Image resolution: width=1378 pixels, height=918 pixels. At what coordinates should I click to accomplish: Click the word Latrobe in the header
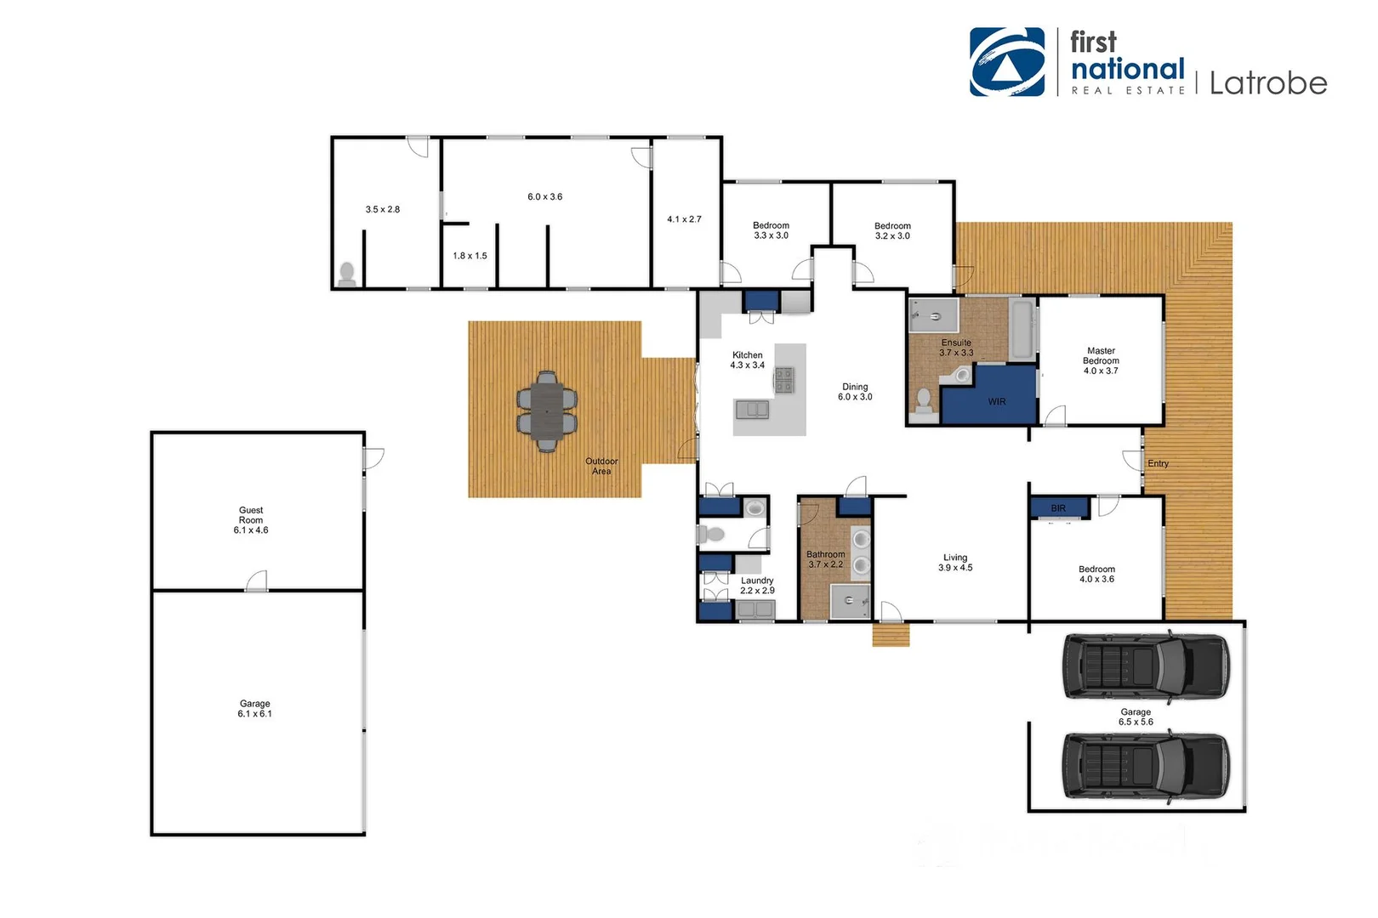(1267, 83)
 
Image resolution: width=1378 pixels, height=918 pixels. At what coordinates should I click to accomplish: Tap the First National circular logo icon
(1007, 62)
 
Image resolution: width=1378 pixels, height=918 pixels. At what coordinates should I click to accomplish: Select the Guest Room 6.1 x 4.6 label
(251, 520)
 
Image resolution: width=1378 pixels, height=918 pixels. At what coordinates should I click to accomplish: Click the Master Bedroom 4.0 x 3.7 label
(1101, 360)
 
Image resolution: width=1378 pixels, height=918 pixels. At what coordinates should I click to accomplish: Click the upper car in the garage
(1146, 667)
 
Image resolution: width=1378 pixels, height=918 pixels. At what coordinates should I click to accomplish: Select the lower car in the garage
(1146, 767)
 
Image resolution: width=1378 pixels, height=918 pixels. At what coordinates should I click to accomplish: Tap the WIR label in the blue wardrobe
(996, 401)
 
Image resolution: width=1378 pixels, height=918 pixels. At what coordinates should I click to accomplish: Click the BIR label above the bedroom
(1058, 508)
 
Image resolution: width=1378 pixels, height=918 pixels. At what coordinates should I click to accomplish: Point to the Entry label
(1158, 463)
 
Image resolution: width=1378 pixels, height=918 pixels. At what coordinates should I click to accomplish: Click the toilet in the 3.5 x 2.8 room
(347, 274)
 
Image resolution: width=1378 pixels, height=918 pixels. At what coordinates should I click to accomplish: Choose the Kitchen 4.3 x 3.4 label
(747, 360)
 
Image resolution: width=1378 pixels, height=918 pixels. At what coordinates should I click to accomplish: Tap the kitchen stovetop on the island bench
(783, 380)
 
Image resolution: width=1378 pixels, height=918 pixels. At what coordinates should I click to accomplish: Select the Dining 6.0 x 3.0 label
(855, 392)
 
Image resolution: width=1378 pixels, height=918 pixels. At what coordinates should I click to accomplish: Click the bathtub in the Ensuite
(1022, 329)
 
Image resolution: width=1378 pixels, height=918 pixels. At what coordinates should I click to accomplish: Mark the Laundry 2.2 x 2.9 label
(757, 586)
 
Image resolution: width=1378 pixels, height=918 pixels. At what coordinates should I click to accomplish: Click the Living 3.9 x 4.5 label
(955, 563)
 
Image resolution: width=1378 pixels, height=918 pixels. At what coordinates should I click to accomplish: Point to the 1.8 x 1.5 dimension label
(470, 256)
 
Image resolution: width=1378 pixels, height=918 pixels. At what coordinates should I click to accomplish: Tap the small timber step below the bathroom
(891, 635)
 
